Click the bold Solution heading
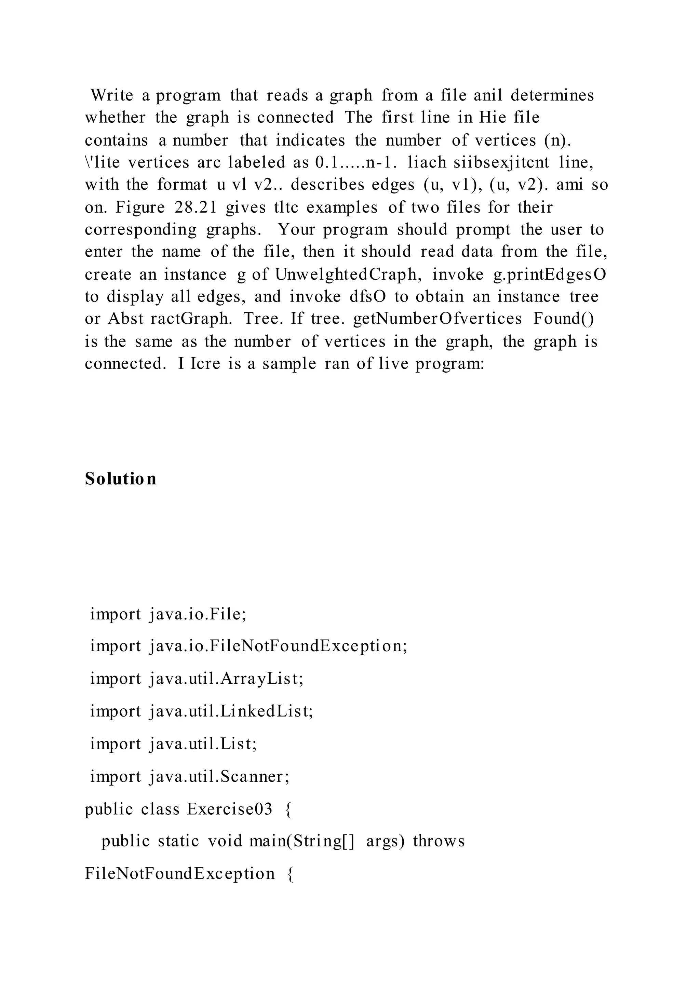pos(120,479)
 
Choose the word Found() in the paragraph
pos(563,319)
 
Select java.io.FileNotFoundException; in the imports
pos(278,646)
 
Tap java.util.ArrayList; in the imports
pos(226,679)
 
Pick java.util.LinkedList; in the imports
pos(231,711)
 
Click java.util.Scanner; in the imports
pos(219,777)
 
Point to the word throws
pos(439,841)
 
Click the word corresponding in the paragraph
pos(140,230)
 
